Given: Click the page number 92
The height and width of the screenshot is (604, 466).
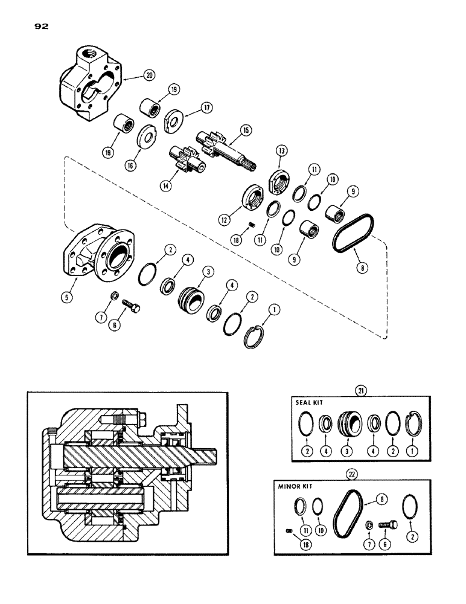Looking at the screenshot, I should point(32,26).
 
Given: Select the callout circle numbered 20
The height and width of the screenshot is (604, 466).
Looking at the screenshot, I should point(148,75).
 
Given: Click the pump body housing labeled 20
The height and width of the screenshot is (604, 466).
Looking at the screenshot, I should point(91,85).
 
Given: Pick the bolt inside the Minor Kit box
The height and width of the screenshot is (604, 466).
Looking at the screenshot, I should point(386,525).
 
